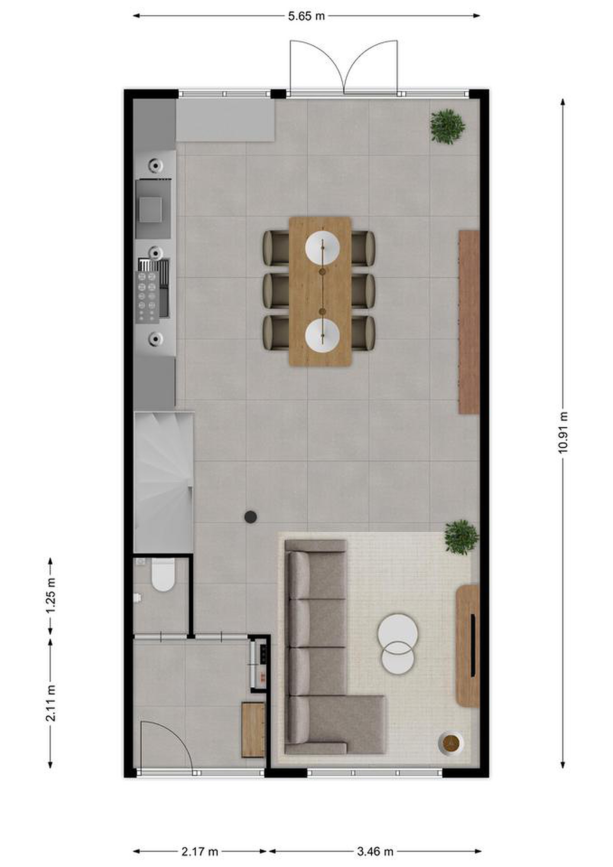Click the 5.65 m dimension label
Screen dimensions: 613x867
(x=306, y=16)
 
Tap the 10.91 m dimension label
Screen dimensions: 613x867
(x=563, y=432)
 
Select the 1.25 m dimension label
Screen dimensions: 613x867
(x=51, y=595)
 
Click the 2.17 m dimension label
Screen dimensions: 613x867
(x=200, y=841)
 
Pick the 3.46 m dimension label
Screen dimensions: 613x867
(x=375, y=841)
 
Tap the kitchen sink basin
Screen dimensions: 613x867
(x=150, y=210)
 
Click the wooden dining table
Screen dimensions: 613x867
(x=320, y=291)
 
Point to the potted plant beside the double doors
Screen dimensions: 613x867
(x=448, y=126)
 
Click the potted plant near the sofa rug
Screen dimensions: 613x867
(x=461, y=537)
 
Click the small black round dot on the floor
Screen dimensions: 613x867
(x=251, y=517)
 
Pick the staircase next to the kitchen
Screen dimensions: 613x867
(x=164, y=482)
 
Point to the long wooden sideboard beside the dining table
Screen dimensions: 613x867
(x=469, y=322)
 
